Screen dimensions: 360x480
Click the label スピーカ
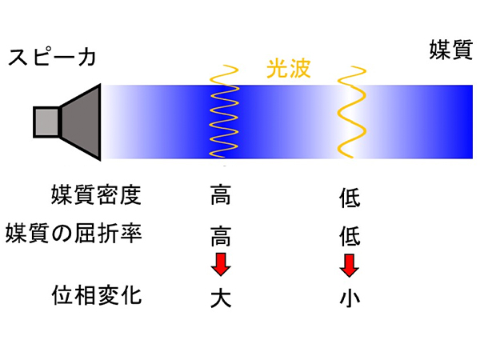click(52, 58)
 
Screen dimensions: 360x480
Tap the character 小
click(350, 298)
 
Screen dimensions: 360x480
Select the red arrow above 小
click(350, 265)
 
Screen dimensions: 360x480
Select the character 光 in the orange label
click(277, 70)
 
